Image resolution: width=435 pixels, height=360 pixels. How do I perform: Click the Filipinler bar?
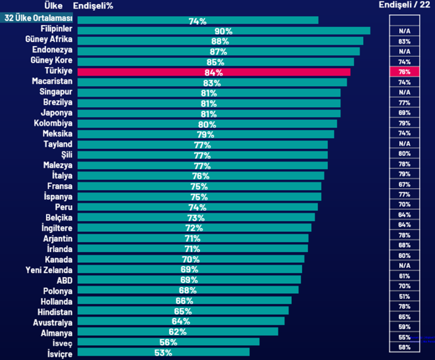(224, 31)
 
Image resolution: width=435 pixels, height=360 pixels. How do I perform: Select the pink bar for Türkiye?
(214, 72)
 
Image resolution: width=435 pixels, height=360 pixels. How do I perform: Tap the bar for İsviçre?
(163, 352)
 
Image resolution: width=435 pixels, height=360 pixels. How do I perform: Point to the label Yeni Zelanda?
(49, 269)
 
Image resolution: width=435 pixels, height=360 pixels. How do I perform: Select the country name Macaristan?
(52, 81)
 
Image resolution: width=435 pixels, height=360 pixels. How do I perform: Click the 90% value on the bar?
(224, 31)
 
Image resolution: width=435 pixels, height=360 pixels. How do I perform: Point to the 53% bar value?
(163, 352)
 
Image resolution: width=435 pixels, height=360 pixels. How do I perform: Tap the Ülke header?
(53, 6)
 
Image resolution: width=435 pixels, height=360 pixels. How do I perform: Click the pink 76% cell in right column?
(404, 72)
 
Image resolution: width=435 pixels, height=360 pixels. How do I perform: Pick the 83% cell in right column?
(404, 41)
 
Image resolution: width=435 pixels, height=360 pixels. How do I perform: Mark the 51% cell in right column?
(404, 296)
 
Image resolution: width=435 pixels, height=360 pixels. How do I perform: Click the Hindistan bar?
(183, 311)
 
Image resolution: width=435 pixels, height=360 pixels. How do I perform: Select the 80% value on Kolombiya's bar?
(207, 124)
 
